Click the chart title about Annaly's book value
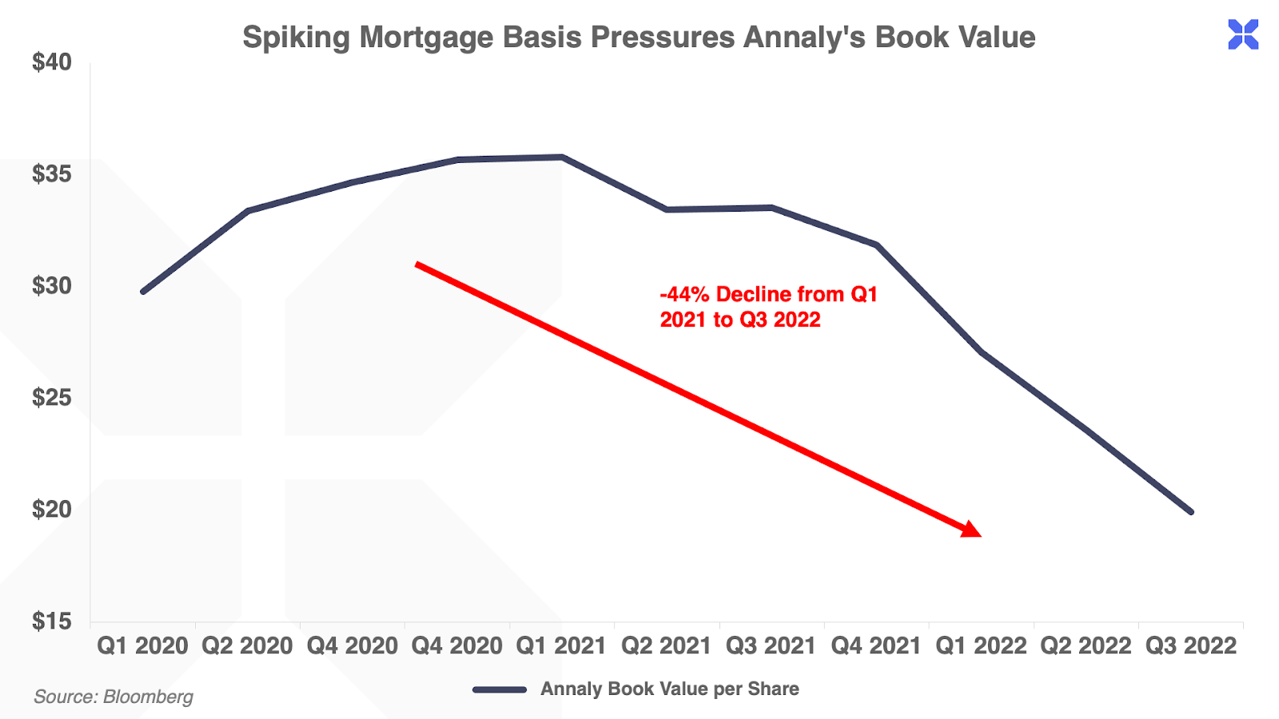click(x=639, y=38)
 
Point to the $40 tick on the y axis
click(x=52, y=62)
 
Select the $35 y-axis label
click(x=52, y=174)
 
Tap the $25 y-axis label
click(x=52, y=398)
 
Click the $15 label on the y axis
click(x=52, y=622)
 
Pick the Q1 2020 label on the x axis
click(x=142, y=646)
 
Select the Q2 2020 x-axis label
click(x=247, y=646)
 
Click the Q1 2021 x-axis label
click(x=561, y=646)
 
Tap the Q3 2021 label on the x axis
click(x=771, y=646)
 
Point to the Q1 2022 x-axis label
click(x=981, y=646)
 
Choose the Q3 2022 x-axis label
click(x=1191, y=646)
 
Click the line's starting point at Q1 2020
click(x=143, y=292)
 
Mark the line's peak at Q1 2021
click(x=562, y=157)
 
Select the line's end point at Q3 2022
click(x=1191, y=511)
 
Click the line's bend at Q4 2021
click(x=877, y=244)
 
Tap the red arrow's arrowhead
click(x=972, y=530)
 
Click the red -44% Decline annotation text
click(x=768, y=307)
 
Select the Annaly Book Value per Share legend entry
click(x=636, y=689)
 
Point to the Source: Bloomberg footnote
click(x=114, y=697)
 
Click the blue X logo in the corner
click(x=1243, y=34)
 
